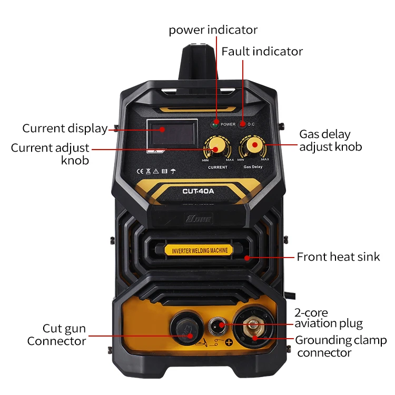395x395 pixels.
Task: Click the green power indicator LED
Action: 215,124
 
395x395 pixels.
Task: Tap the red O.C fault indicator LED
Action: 242,124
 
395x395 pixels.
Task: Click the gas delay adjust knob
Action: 253,145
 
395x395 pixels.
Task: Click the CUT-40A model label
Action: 198,192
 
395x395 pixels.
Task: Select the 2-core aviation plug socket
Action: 217,325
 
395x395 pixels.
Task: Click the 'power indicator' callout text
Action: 213,29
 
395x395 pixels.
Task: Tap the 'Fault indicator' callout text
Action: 262,52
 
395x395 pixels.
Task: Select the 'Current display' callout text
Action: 64,129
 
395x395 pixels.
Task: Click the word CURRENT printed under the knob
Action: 218,167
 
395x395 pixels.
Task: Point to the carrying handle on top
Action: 197,63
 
